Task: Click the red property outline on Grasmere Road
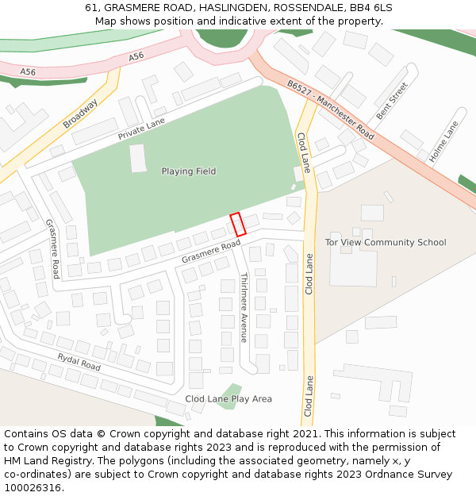coord(237,224)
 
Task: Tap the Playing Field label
coord(189,171)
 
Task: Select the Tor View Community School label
coord(386,243)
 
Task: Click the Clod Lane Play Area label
coord(228,399)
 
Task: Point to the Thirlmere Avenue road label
coord(244,308)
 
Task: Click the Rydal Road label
coord(79,362)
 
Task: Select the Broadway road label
coord(80,113)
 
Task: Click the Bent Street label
coord(392,101)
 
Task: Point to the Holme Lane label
coord(443,142)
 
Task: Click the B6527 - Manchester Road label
coord(331,110)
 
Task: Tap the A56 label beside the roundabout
coord(136,56)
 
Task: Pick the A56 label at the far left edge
coord(28,72)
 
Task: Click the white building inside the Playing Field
coord(138,158)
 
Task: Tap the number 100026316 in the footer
coord(33,487)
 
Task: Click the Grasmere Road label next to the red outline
coord(210,252)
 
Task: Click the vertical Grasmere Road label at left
coord(52,249)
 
